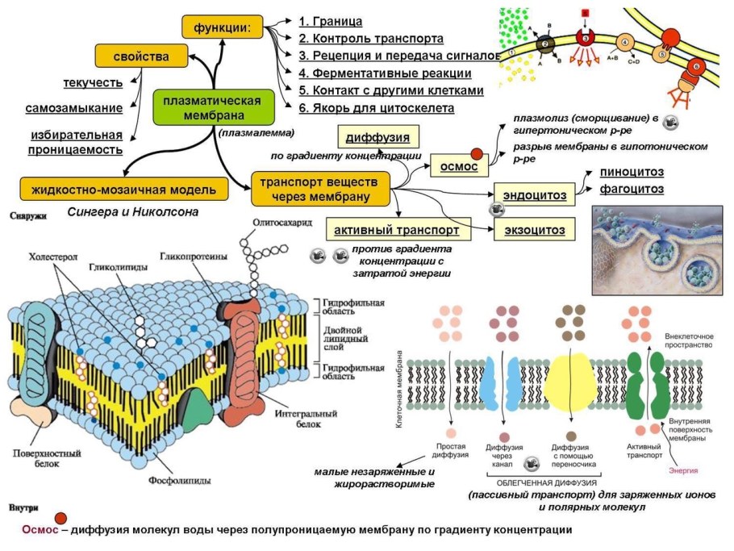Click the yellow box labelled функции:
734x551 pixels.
223,27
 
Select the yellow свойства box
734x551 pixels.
141,56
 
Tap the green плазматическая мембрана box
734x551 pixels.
211,108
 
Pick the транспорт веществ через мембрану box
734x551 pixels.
320,187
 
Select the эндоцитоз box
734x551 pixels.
534,194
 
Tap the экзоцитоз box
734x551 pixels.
534,230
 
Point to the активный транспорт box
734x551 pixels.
396,230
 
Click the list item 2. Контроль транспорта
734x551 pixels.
370,38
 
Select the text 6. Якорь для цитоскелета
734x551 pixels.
376,107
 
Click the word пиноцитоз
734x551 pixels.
632,172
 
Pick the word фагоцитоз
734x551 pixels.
632,189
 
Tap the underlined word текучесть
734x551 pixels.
93,82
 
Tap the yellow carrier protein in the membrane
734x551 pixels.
570,380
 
